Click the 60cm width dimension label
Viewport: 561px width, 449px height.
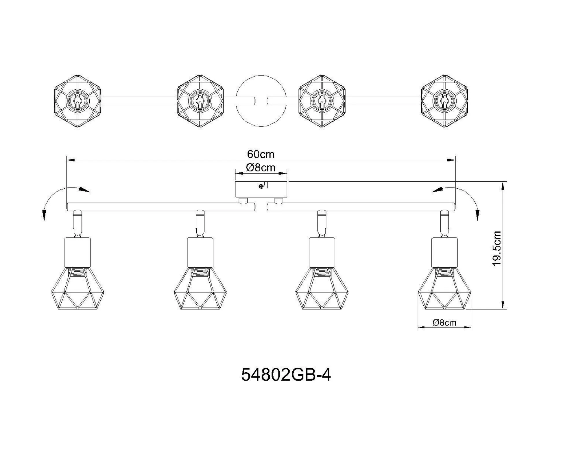tap(261, 154)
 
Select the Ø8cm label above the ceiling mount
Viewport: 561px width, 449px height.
tap(261, 168)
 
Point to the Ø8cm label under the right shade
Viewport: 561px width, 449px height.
tap(444, 323)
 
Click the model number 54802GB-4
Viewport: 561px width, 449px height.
tap(286, 375)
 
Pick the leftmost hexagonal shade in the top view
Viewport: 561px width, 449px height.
tap(77, 101)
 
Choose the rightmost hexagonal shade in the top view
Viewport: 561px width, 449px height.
tap(444, 101)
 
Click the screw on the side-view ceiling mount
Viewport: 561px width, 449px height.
tap(261, 187)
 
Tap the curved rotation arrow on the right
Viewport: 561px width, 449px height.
tap(463, 197)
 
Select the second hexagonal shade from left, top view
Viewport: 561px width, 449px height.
tap(200, 101)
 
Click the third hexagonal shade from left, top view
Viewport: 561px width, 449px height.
tap(322, 101)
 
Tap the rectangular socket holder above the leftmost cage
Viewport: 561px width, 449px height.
tap(77, 252)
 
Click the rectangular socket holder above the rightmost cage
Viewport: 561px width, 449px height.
tap(444, 252)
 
